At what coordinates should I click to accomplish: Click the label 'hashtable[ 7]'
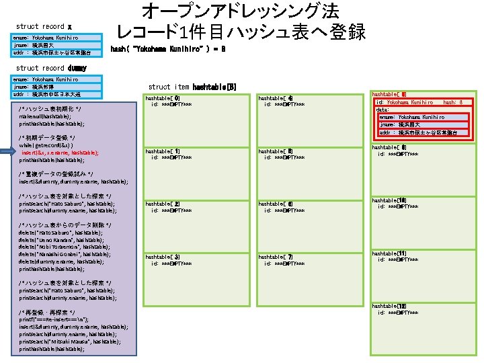(x=276, y=257)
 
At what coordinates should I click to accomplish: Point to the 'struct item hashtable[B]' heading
(x=192, y=87)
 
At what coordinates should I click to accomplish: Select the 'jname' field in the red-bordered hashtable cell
(x=412, y=125)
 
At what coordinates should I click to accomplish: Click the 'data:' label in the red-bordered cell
(x=382, y=110)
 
